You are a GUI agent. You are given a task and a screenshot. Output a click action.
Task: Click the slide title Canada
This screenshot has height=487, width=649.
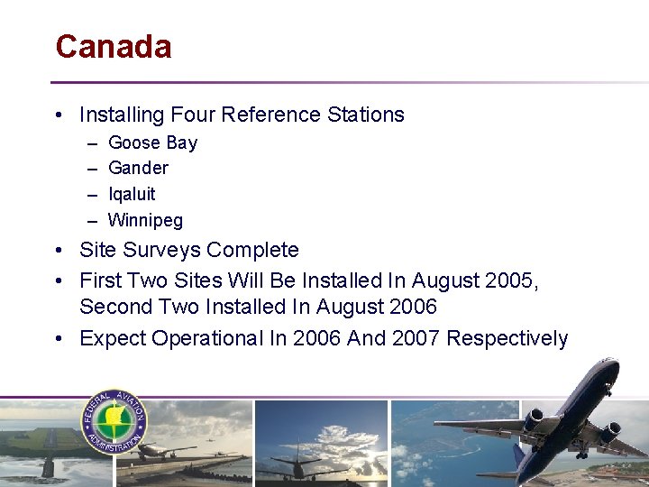click(x=113, y=47)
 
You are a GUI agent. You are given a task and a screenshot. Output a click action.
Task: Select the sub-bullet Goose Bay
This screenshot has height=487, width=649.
click(x=152, y=142)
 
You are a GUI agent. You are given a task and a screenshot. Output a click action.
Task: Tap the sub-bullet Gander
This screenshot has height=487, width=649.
click(x=138, y=168)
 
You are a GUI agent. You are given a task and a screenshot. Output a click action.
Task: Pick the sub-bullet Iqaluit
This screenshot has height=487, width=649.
click(x=132, y=194)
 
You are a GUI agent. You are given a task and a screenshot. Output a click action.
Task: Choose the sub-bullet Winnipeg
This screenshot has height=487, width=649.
click(x=145, y=220)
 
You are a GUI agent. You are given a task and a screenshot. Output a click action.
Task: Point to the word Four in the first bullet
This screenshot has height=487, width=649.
click(x=192, y=115)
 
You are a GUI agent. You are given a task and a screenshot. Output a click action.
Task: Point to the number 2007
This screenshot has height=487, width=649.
click(x=411, y=338)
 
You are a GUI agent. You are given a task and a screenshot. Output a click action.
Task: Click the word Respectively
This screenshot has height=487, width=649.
click(x=507, y=338)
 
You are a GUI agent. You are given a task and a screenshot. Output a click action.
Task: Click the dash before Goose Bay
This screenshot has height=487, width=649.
click(x=93, y=142)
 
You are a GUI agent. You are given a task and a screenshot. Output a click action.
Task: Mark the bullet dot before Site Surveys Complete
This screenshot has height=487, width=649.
click(x=58, y=250)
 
